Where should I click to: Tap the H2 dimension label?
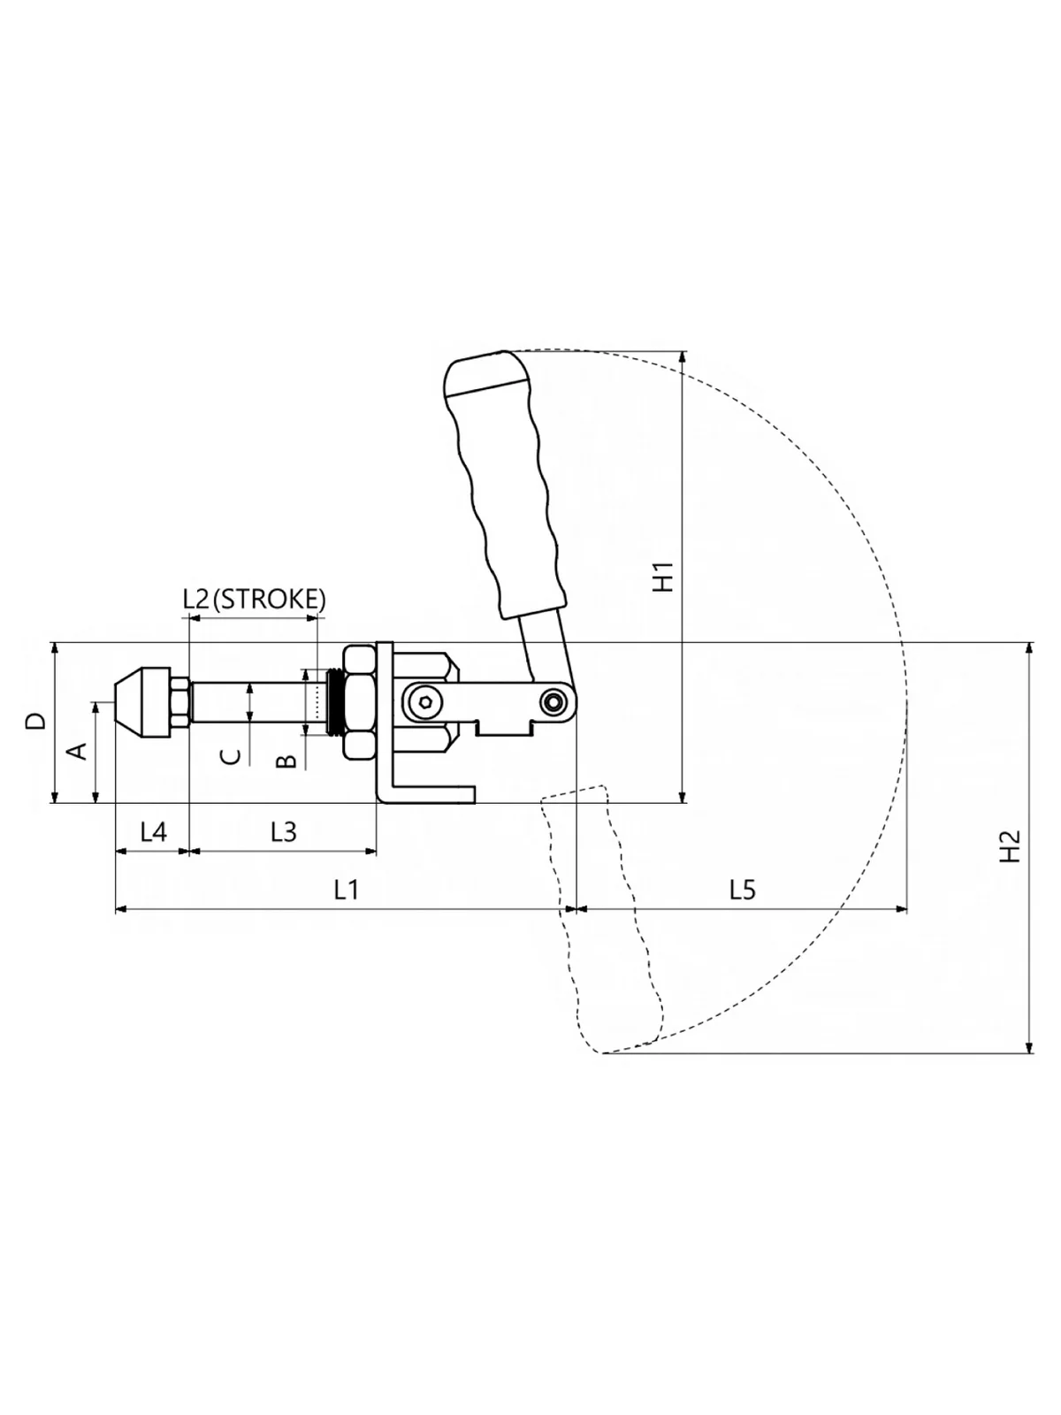coord(1010,845)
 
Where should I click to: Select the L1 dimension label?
coord(346,890)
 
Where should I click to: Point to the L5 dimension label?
coord(742,890)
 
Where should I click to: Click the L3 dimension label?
coord(283,832)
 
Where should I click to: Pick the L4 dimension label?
coord(153,832)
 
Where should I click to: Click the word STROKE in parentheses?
coord(269,600)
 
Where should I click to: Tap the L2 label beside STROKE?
coord(195,600)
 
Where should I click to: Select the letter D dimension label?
coord(37,720)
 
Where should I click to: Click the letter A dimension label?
coord(78,751)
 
